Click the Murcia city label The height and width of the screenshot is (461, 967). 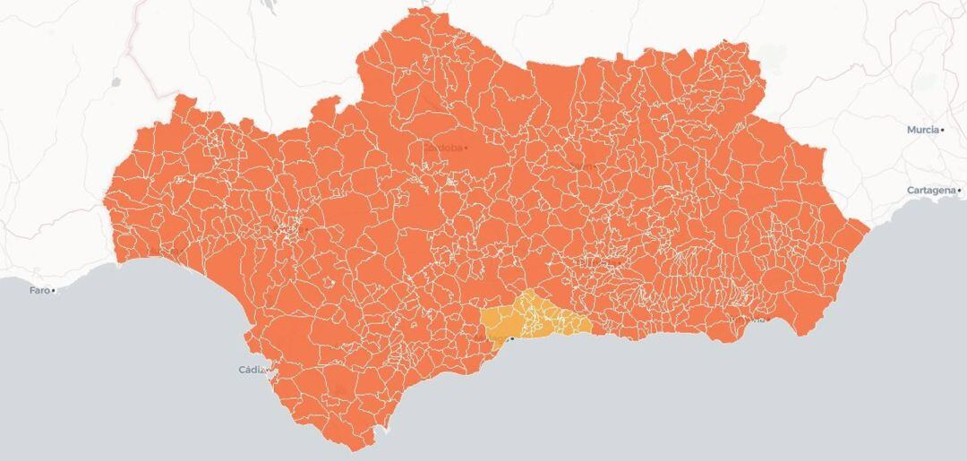(922, 130)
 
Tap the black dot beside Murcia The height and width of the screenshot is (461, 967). (943, 130)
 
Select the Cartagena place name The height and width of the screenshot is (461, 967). (930, 191)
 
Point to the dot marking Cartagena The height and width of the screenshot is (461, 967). (959, 191)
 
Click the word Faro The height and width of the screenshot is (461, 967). (39, 290)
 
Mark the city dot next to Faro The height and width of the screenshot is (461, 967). (54, 290)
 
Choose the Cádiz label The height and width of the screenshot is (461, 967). (253, 370)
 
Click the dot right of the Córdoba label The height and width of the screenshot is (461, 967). (466, 148)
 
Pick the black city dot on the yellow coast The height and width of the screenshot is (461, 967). (511, 338)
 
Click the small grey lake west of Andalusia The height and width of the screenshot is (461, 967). (116, 82)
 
